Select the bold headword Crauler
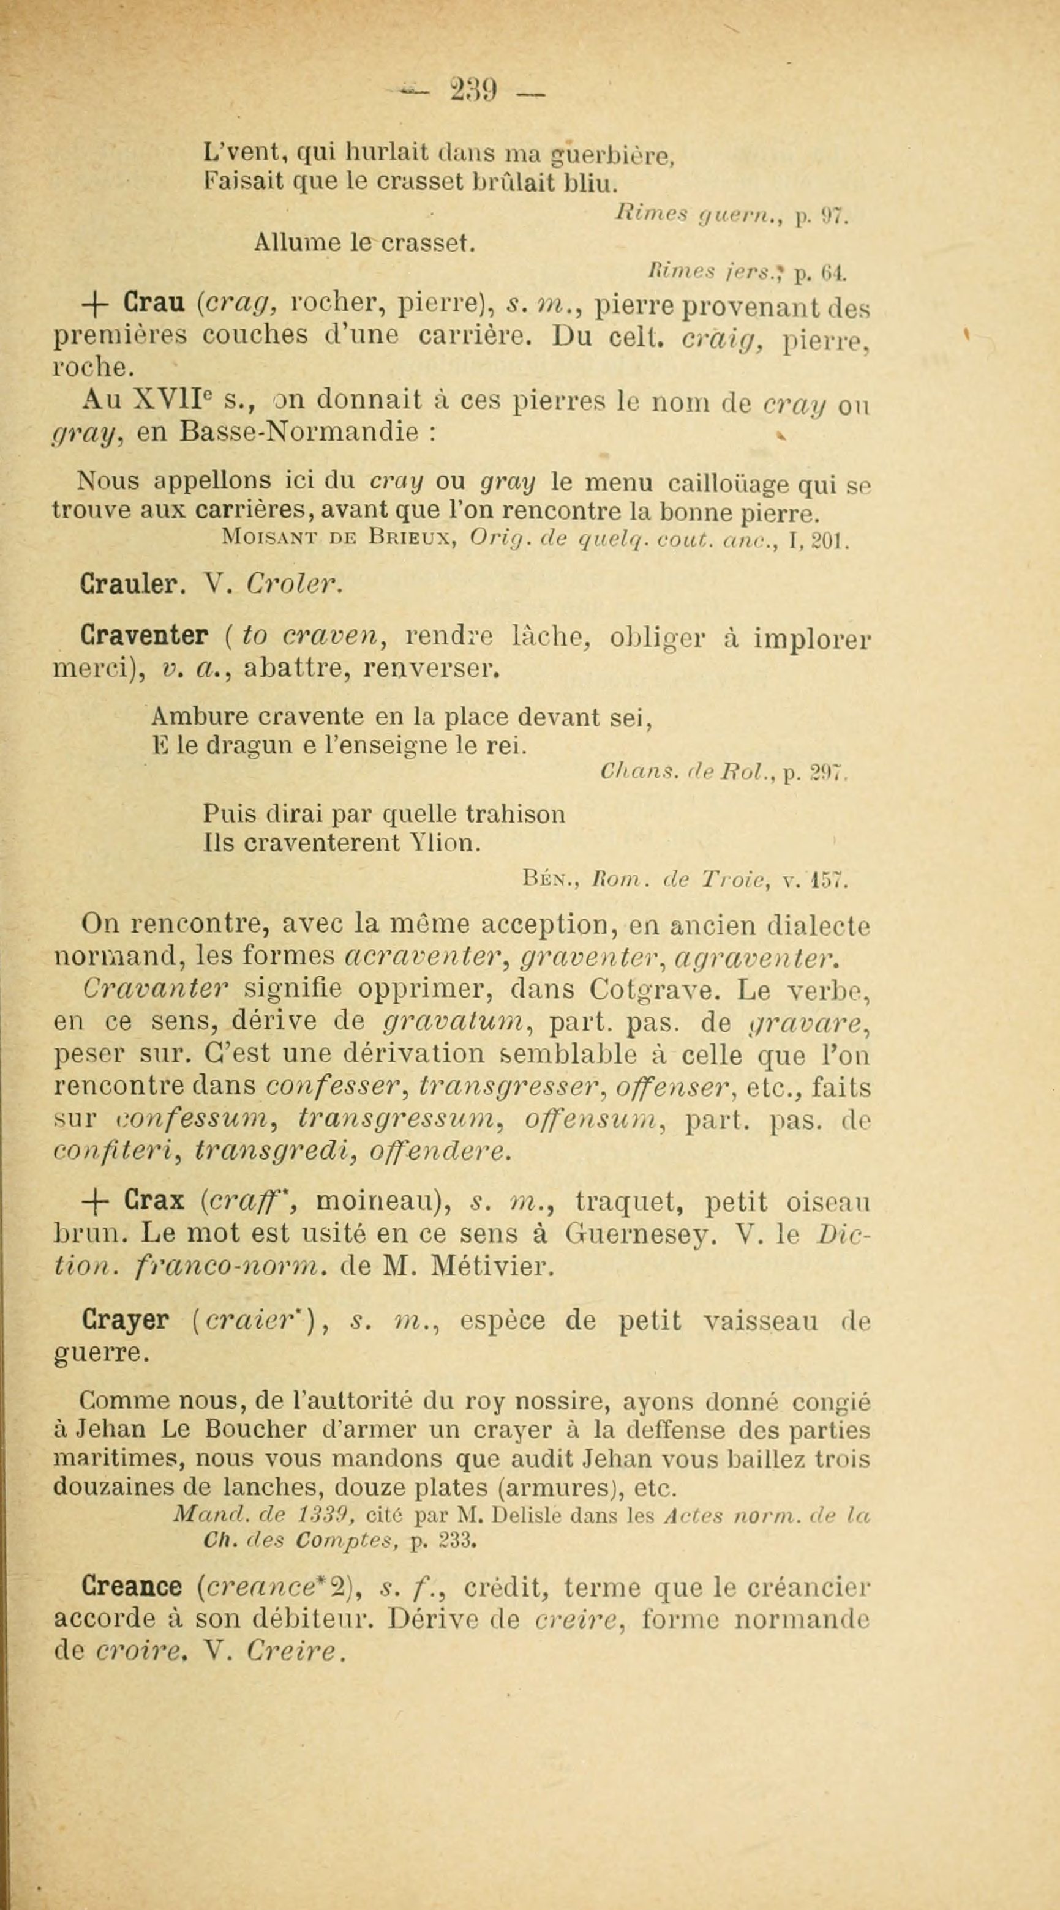click(127, 586)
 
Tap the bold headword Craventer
click(143, 636)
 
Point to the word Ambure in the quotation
click(189, 717)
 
